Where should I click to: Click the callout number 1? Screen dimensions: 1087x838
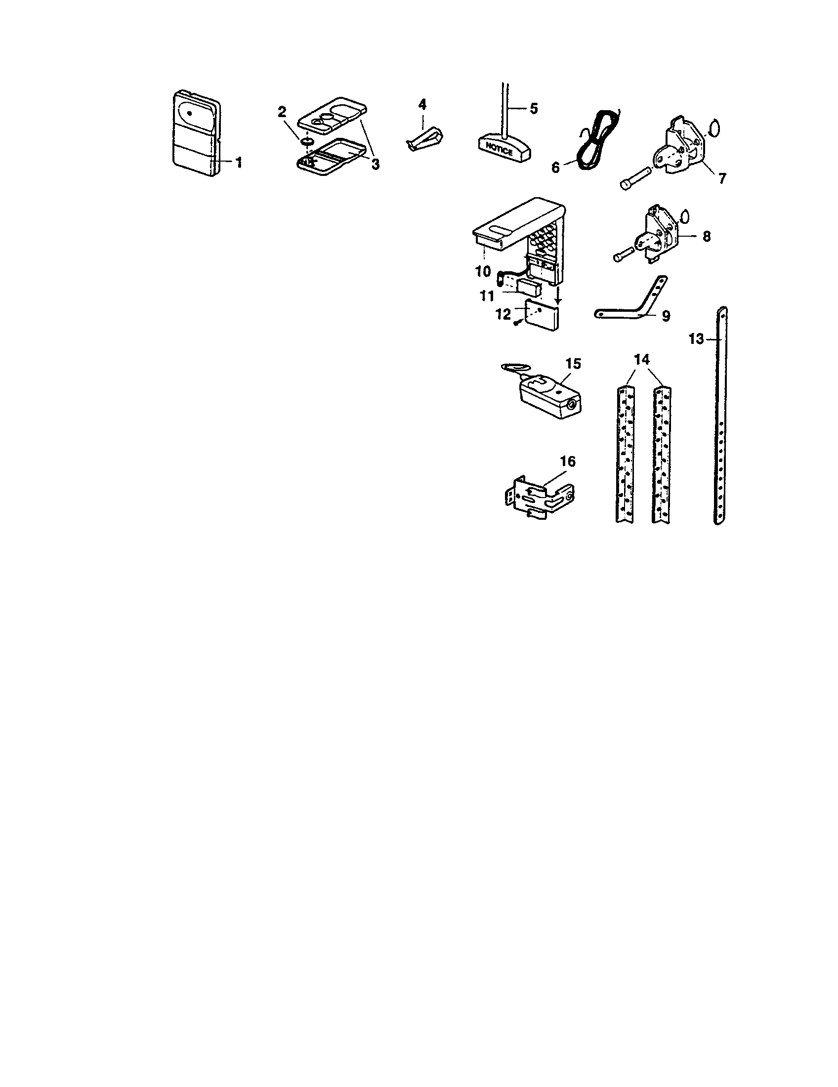pos(239,162)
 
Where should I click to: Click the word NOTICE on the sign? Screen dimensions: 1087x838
pos(499,148)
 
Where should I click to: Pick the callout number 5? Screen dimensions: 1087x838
pos(533,109)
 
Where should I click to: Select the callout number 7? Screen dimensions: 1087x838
pos(721,178)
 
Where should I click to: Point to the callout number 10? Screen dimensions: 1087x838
pos(483,272)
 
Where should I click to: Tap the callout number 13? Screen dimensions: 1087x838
pos(697,339)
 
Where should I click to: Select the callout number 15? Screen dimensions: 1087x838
pos(573,364)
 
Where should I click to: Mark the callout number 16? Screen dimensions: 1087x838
pos(567,462)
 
